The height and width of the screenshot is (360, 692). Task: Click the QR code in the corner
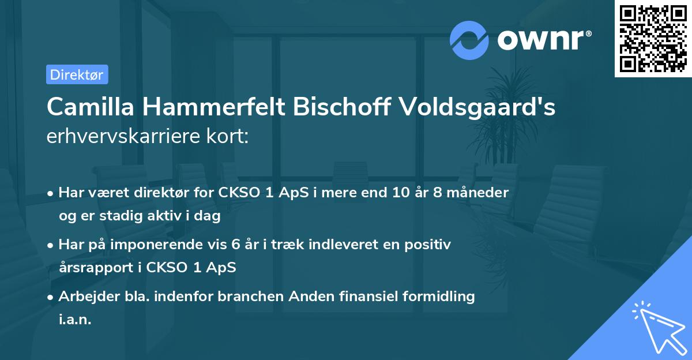coord(653,39)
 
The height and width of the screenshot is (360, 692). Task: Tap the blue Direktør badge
coord(77,74)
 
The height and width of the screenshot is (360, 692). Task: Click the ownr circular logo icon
coord(469,40)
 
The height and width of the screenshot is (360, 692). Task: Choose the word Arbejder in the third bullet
coord(84,297)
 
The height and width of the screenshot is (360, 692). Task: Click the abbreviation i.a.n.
coord(75,320)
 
